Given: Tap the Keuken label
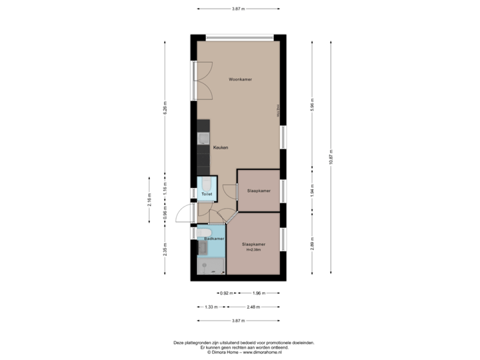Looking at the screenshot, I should click(x=221, y=147).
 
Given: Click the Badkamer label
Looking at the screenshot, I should click(x=214, y=238).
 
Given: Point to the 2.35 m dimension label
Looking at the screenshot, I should click(x=165, y=248).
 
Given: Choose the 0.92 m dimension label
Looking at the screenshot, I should click(x=227, y=293).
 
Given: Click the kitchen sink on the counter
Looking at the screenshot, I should click(x=201, y=139).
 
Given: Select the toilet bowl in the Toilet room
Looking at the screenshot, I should click(x=207, y=183).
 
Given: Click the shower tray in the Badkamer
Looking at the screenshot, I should click(x=211, y=266).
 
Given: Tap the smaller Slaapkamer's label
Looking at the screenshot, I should click(x=259, y=191).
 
